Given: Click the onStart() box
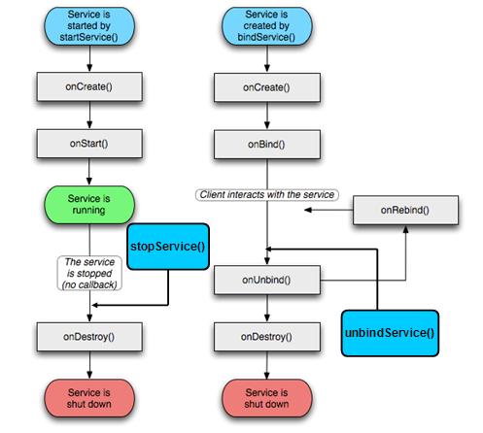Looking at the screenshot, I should pyautogui.click(x=89, y=144).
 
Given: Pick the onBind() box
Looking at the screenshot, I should pyautogui.click(x=264, y=144).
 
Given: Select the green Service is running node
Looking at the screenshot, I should pyautogui.click(x=89, y=205).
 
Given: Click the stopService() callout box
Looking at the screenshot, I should pyautogui.click(x=168, y=247).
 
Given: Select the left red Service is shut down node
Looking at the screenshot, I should pyautogui.click(x=89, y=397).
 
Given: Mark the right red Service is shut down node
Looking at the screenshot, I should pyautogui.click(x=264, y=397).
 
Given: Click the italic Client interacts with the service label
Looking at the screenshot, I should pyautogui.click(x=264, y=195).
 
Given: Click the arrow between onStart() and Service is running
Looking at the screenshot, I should pyautogui.click(x=89, y=173).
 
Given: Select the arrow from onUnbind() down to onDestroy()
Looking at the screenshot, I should pyautogui.click(x=264, y=308).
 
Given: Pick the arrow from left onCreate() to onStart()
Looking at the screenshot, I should pyautogui.click(x=89, y=117).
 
